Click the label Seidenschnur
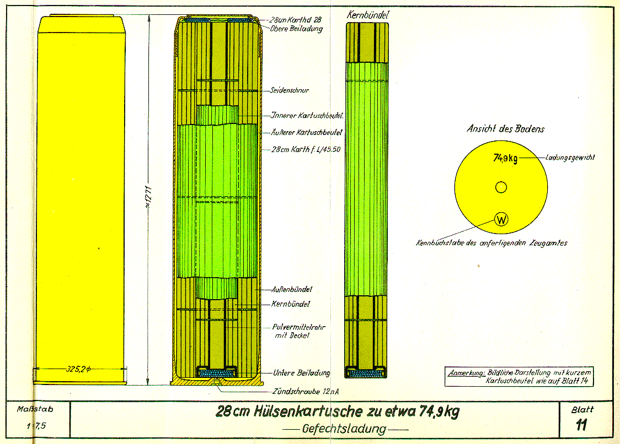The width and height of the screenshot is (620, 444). point(290,90)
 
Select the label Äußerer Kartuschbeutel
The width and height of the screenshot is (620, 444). point(307,133)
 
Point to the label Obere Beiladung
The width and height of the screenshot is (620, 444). point(297,28)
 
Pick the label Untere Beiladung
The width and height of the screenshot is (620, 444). point(302,373)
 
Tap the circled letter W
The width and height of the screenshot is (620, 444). point(501,219)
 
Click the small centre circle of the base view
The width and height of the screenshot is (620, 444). point(501,188)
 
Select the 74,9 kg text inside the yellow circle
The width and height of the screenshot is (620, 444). point(505,159)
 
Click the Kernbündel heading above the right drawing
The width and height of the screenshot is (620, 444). point(367,15)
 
